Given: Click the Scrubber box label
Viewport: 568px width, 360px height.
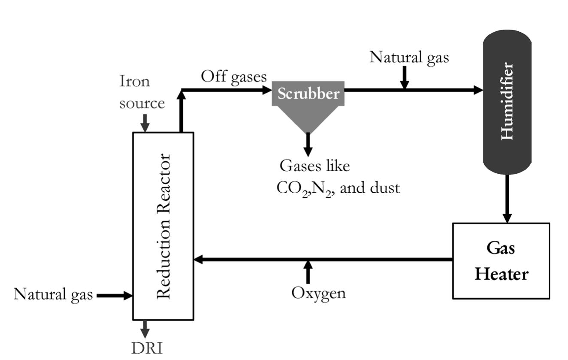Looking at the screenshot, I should click(308, 93).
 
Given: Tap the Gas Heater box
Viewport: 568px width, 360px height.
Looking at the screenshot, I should click(501, 260).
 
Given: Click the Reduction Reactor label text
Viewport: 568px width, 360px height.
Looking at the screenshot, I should click(164, 226).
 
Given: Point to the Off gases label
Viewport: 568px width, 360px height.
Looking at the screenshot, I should click(234, 76).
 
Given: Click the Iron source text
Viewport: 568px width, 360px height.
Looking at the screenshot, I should click(142, 92).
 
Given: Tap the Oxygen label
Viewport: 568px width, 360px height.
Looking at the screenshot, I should click(318, 293).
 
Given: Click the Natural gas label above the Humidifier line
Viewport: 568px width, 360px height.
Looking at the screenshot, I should click(409, 57).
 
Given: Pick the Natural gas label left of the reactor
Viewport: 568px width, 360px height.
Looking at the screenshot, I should click(53, 294).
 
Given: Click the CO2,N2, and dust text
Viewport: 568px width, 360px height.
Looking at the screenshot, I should click(338, 188).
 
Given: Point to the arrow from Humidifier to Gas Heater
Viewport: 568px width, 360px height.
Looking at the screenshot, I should click(507, 198).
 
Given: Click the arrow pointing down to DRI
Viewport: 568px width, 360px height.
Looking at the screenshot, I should click(145, 329).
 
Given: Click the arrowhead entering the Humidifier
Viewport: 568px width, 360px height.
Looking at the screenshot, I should click(478, 90).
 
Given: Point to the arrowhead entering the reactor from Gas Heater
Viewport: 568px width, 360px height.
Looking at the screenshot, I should click(199, 259).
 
